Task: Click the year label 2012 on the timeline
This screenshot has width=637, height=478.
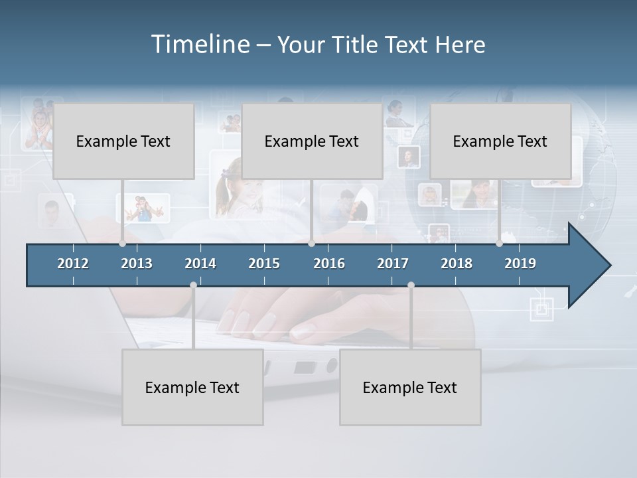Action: click(73, 264)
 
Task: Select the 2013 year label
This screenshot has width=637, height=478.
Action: click(137, 264)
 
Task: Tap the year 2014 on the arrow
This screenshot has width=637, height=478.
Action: click(200, 264)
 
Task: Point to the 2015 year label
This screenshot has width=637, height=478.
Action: click(264, 264)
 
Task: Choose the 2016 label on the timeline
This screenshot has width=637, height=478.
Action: click(329, 264)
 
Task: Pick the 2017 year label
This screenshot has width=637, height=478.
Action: click(393, 264)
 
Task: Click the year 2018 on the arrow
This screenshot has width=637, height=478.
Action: click(457, 264)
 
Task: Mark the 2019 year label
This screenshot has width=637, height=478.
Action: click(520, 264)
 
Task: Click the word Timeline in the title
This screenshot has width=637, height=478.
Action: click(200, 44)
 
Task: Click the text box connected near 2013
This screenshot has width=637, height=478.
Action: click(123, 141)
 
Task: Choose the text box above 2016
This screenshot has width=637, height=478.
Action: click(312, 141)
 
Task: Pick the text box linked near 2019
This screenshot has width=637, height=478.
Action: click(500, 141)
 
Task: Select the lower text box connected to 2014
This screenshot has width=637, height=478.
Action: click(192, 387)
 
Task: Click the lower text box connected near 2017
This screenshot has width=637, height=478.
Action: click(410, 387)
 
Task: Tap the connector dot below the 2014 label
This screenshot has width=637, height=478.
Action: click(193, 285)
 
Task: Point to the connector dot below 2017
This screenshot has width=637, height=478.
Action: click(411, 285)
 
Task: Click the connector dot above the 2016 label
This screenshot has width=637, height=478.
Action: click(311, 244)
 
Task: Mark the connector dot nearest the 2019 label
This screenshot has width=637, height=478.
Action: click(499, 244)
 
